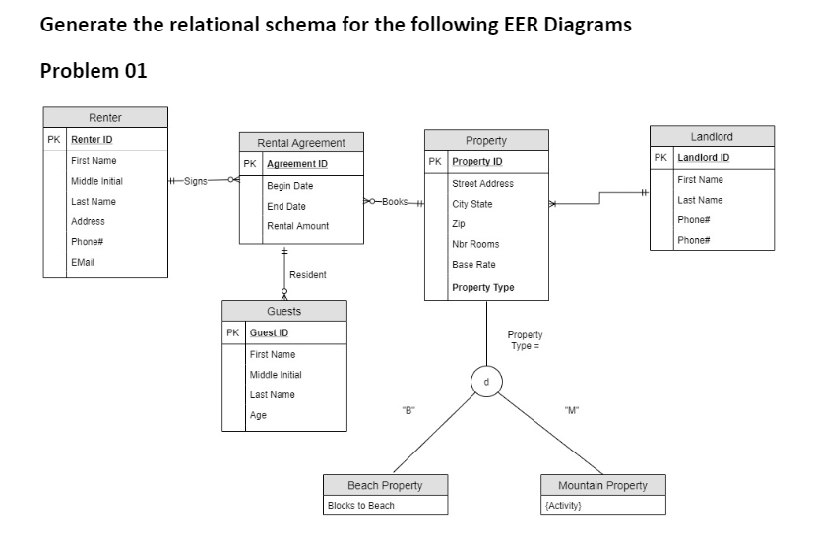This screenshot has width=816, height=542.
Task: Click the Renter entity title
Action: pos(105,118)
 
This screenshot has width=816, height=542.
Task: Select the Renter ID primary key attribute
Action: pos(92,139)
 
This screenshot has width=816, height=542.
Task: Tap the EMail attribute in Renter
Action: pos(83,262)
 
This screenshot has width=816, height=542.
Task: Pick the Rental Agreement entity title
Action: pos(300,143)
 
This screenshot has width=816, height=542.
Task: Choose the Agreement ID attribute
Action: pos(297,163)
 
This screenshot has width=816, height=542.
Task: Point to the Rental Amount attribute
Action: pos(297,226)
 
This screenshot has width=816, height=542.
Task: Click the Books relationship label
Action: pos(394,202)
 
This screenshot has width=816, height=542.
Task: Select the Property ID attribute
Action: pos(477,161)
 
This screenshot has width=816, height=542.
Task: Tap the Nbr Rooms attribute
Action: pos(475,244)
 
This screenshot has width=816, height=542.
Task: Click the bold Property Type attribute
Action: pos(482,288)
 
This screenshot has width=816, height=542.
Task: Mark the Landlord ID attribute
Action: pos(704,158)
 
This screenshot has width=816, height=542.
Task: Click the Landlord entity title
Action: pos(712,136)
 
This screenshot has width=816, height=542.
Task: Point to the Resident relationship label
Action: pos(308,275)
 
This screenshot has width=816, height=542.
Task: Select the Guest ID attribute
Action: pos(269,333)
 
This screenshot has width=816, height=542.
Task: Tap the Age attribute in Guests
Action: pos(258,415)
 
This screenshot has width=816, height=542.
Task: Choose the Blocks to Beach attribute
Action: pos(360,506)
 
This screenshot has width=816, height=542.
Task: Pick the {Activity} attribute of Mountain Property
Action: pos(564,506)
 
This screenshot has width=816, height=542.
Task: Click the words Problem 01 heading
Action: pos(94,71)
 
